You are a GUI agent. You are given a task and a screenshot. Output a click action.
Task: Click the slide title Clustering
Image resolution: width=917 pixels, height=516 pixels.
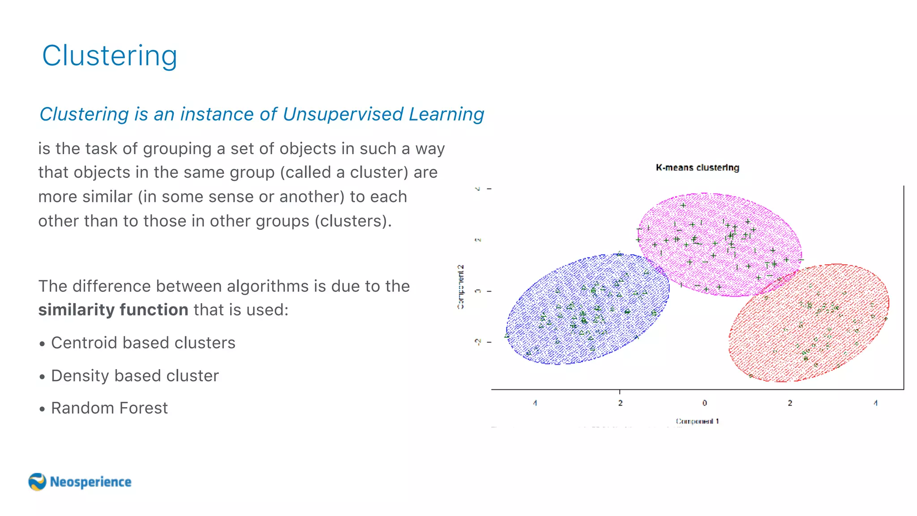[110, 56]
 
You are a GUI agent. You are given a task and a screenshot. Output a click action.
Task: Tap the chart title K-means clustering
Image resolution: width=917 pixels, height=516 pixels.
[697, 168]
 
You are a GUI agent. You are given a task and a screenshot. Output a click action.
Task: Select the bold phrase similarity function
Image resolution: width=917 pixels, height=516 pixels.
[113, 310]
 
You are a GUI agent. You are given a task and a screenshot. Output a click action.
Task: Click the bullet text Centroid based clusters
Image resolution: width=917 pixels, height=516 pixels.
[143, 343]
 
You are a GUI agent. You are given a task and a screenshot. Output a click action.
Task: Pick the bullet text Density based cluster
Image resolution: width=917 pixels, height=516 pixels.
[135, 375]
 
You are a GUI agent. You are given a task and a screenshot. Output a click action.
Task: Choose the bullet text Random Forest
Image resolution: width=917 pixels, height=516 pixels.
[109, 408]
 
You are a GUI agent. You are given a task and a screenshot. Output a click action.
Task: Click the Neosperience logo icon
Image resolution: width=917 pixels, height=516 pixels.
[37, 482]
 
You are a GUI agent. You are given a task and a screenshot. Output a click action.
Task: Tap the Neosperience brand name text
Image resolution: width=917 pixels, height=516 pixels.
[90, 482]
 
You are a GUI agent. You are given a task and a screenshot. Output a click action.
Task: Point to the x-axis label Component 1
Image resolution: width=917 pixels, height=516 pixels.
[697, 421]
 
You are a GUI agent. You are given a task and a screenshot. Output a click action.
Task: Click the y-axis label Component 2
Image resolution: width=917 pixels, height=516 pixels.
[461, 287]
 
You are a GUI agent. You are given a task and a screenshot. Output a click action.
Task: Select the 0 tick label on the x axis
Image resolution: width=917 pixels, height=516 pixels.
[704, 403]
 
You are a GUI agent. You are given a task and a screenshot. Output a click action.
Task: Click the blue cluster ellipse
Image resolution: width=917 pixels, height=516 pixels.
[587, 309]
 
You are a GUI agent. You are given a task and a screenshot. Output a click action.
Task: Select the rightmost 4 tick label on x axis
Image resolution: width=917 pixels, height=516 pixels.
[875, 403]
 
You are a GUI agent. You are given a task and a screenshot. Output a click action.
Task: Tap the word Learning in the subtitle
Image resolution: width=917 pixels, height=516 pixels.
[446, 114]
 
